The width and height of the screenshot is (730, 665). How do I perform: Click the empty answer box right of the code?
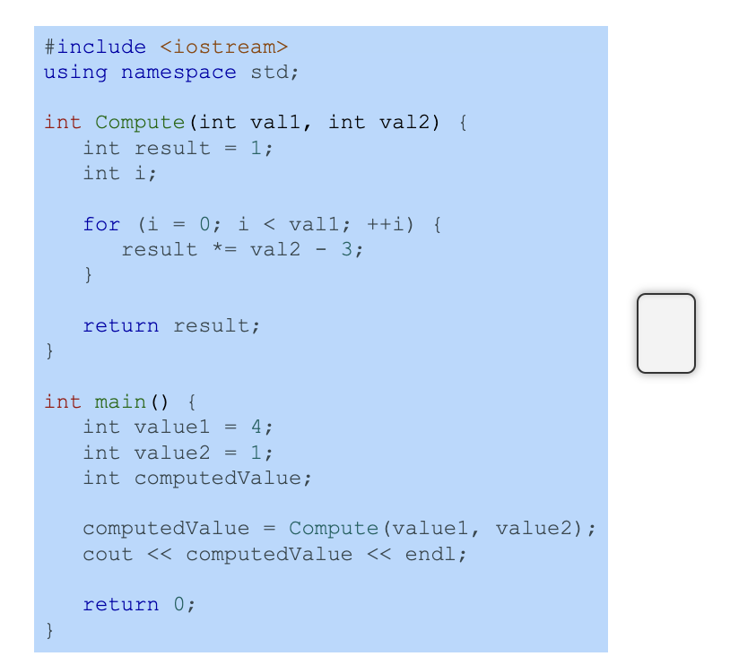pyautogui.click(x=665, y=332)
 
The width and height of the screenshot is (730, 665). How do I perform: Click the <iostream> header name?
pyautogui.click(x=224, y=47)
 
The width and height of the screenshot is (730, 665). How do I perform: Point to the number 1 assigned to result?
pyautogui.click(x=256, y=148)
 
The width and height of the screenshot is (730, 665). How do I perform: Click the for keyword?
pyautogui.click(x=101, y=224)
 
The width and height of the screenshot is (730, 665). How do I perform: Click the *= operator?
pyautogui.click(x=224, y=249)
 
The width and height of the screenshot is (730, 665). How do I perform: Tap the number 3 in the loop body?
pyautogui.click(x=347, y=249)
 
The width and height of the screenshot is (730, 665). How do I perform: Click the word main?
pyautogui.click(x=121, y=402)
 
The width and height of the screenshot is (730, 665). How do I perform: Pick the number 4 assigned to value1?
pyautogui.click(x=256, y=427)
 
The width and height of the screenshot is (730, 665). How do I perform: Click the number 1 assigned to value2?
pyautogui.click(x=256, y=453)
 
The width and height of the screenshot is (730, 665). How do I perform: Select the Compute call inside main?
pyautogui.click(x=334, y=528)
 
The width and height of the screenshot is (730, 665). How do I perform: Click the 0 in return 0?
pyautogui.click(x=179, y=605)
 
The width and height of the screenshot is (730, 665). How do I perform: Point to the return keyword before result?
pyautogui.click(x=121, y=325)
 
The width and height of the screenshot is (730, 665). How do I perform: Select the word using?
pyautogui.click(x=75, y=72)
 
